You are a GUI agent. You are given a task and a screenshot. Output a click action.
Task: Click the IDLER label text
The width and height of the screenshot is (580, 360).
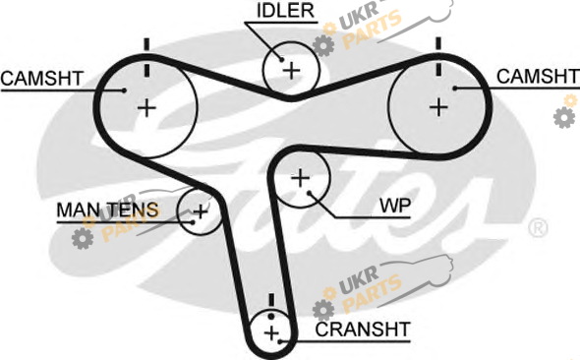[285, 11]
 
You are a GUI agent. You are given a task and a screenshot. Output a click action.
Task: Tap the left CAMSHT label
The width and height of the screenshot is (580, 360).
[42, 79]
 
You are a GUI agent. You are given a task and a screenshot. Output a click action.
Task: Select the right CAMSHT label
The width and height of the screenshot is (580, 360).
[538, 77]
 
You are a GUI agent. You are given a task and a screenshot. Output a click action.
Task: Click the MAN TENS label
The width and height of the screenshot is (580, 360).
[107, 210]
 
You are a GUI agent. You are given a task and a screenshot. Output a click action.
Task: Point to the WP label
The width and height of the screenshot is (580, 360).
[395, 206]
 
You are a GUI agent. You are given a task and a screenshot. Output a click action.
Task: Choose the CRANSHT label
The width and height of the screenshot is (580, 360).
[363, 330]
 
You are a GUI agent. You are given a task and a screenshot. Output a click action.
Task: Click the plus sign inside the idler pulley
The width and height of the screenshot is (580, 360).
[292, 70]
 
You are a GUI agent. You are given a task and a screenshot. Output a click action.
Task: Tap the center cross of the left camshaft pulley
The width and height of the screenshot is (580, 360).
[146, 108]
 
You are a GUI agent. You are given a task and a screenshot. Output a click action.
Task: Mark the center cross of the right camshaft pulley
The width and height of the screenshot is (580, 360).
[438, 107]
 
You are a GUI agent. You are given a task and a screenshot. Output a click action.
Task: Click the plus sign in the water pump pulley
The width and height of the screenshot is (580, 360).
[301, 178]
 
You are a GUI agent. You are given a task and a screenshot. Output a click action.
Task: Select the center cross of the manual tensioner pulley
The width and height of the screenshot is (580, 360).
[201, 212]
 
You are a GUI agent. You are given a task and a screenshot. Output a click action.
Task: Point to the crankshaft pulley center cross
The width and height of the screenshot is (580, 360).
[272, 333]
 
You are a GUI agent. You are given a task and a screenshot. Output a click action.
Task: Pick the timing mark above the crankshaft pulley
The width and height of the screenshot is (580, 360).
[271, 300]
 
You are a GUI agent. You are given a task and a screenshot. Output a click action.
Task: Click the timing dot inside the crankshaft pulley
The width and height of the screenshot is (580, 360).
[271, 317]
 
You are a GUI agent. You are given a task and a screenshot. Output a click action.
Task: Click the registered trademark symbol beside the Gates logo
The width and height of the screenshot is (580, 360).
[538, 228]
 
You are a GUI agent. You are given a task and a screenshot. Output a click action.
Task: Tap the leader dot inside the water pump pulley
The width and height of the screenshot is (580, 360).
[310, 193]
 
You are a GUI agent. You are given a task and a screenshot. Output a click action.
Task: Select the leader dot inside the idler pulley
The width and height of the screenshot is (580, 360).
[281, 59]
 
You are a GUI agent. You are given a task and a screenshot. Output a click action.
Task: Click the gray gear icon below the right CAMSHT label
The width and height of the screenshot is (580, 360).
[564, 117]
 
